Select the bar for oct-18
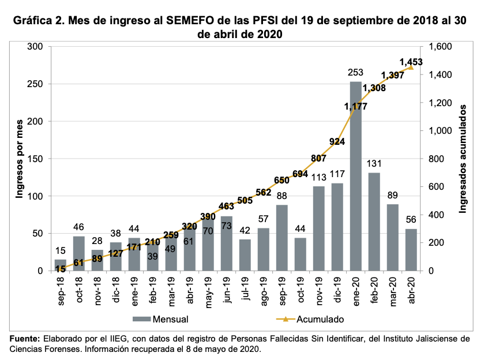(x=78, y=253)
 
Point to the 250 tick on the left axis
(x=36, y=84)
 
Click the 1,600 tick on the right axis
(x=437, y=47)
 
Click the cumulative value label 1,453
(x=411, y=62)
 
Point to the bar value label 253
(x=356, y=73)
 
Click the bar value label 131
(x=374, y=164)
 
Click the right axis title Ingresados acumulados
(x=462, y=159)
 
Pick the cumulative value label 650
(x=281, y=179)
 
